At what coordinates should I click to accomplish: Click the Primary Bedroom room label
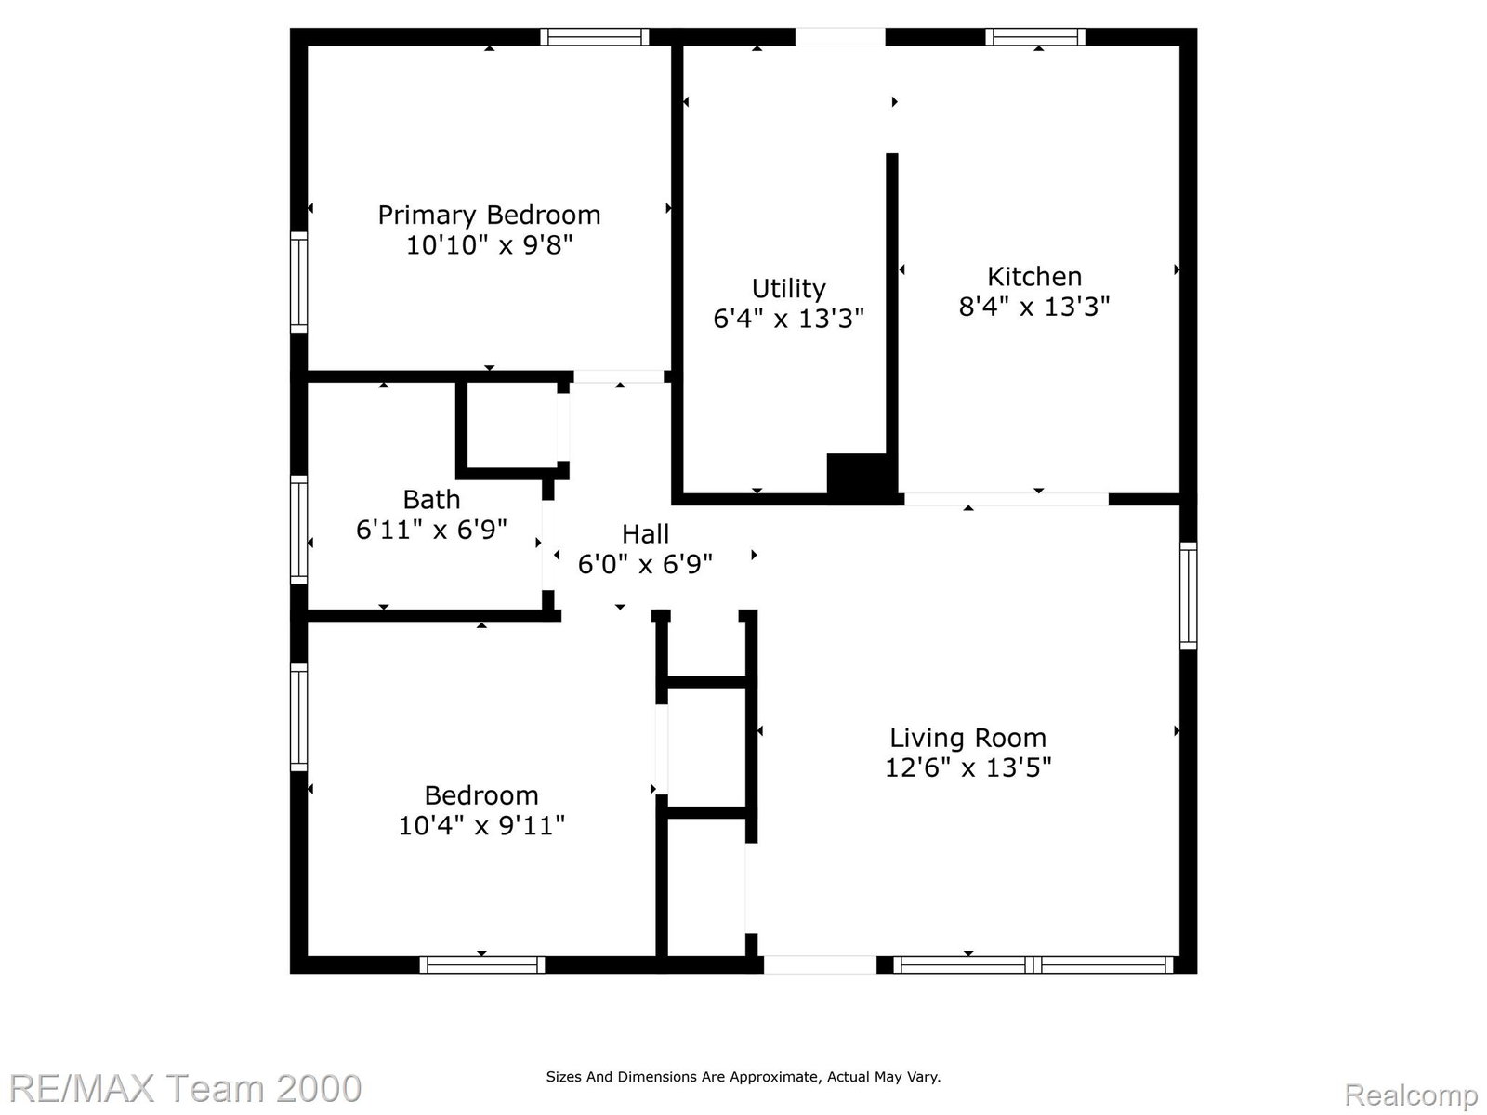(489, 216)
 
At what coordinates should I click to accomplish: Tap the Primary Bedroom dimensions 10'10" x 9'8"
(489, 245)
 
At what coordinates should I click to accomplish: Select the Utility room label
(788, 290)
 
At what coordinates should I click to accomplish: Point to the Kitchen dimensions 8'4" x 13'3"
(1034, 307)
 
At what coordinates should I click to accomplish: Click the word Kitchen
(1034, 277)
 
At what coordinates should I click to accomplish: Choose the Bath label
(431, 500)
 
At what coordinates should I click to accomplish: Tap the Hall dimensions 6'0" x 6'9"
(646, 564)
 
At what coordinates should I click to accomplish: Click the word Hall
(646, 534)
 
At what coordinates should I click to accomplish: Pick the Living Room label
(968, 738)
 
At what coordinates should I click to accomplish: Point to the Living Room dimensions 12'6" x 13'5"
(968, 767)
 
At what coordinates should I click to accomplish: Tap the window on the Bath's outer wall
(298, 530)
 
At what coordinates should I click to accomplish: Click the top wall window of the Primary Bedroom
(595, 36)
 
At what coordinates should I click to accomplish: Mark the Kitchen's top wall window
(1035, 36)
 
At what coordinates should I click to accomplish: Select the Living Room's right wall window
(1189, 596)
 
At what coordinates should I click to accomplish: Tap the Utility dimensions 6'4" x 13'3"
(788, 319)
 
